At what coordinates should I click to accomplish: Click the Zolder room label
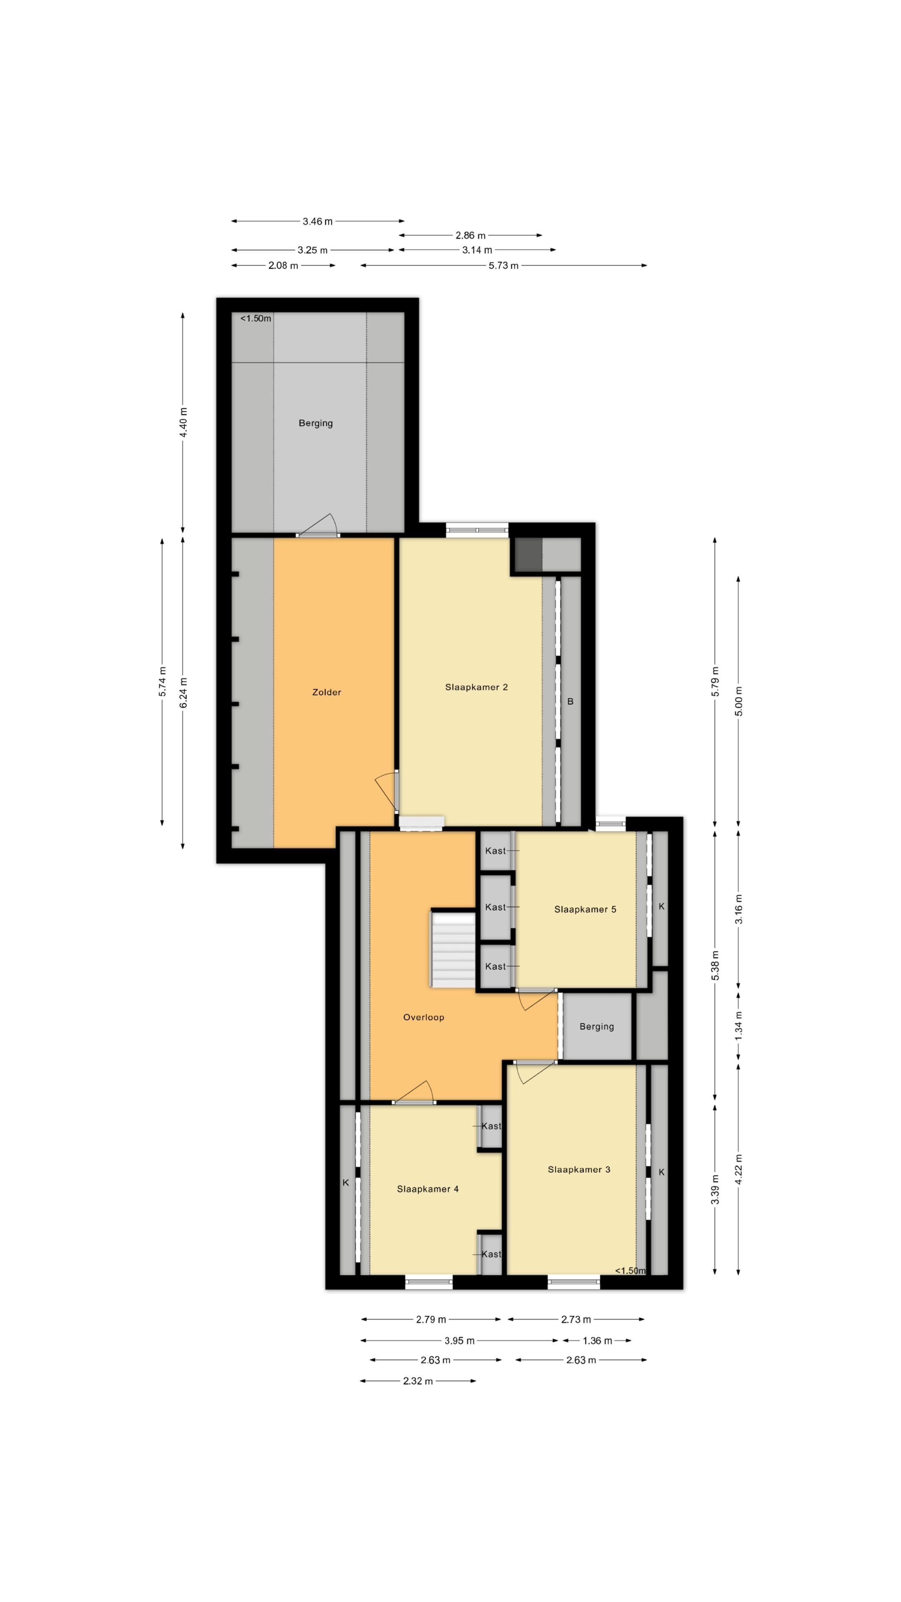[x=327, y=692]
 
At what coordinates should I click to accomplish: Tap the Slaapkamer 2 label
[x=476, y=687]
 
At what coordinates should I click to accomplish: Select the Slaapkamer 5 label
[x=585, y=909]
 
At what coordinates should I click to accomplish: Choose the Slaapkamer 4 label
[x=428, y=1189]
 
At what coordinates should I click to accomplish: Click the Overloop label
[x=423, y=1018]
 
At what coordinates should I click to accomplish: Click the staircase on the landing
[x=454, y=950]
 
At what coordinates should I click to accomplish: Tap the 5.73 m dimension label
[x=503, y=266]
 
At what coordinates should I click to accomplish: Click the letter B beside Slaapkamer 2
[x=570, y=701]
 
